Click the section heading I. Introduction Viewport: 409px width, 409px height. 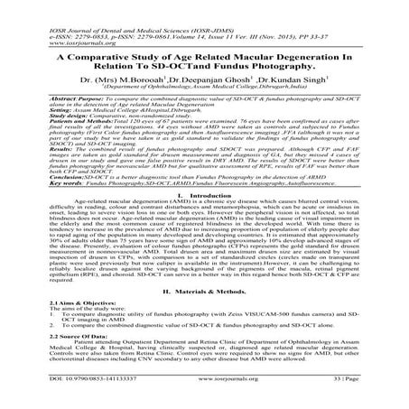(205, 219)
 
